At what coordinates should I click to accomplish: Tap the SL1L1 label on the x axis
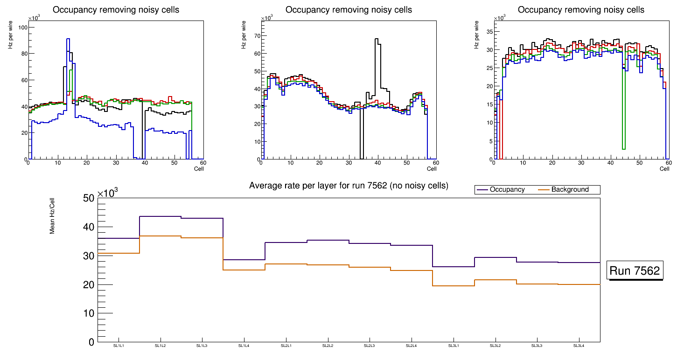pyautogui.click(x=119, y=346)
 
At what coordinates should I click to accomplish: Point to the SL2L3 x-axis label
pyautogui.click(x=370, y=346)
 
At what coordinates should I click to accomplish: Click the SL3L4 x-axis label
pyautogui.click(x=579, y=346)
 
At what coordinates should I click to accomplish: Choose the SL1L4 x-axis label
pyautogui.click(x=244, y=346)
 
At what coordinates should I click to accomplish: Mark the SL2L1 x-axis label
pyautogui.click(x=286, y=346)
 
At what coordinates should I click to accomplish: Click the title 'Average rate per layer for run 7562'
pyautogui.click(x=349, y=186)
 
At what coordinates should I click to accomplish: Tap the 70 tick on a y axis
pyautogui.click(x=256, y=35)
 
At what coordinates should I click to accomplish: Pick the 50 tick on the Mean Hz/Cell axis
pyautogui.click(x=88, y=198)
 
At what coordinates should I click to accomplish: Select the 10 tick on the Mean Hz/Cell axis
pyautogui.click(x=88, y=313)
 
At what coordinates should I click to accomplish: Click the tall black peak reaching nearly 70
pyautogui.click(x=377, y=40)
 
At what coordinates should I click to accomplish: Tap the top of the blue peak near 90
pyautogui.click(x=68, y=39)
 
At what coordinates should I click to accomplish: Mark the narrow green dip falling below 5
pyautogui.click(x=623, y=148)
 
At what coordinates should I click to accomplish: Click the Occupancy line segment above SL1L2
pyautogui.click(x=160, y=216)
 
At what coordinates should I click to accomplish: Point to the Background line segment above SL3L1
pyautogui.click(x=454, y=285)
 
